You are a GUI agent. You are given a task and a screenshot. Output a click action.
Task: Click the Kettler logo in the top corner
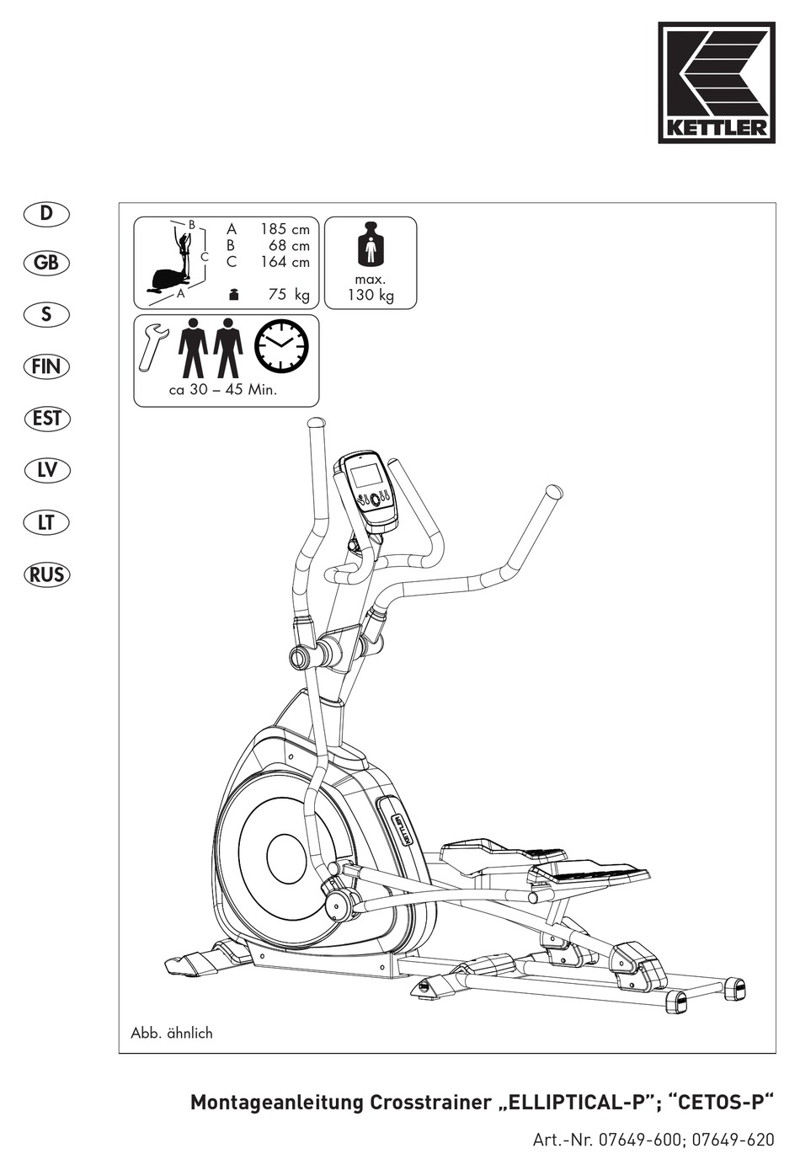point(716,83)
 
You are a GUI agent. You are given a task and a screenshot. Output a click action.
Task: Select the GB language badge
point(47,263)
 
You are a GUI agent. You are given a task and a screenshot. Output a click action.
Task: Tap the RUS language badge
point(47,574)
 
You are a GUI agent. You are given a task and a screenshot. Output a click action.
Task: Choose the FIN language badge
point(47,366)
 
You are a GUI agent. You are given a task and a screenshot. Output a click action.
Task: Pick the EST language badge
point(47,419)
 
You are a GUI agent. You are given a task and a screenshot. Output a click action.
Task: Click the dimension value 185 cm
point(285,229)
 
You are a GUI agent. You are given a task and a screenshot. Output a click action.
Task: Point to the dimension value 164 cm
point(285,262)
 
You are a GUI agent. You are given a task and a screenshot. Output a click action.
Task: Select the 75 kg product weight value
point(288,295)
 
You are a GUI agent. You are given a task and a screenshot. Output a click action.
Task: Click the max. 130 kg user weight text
point(371,287)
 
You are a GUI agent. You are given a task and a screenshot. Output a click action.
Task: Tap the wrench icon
point(152,345)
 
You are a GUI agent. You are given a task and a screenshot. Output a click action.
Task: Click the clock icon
point(281,346)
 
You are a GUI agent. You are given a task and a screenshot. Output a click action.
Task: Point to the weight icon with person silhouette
point(370,246)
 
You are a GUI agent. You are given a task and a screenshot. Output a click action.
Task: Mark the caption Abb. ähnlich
point(172,1033)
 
